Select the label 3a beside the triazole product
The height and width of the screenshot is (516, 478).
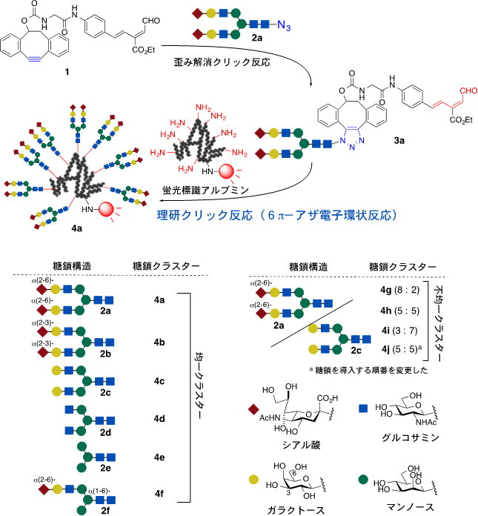[419, 139]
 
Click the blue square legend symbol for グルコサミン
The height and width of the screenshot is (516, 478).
[364, 408]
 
